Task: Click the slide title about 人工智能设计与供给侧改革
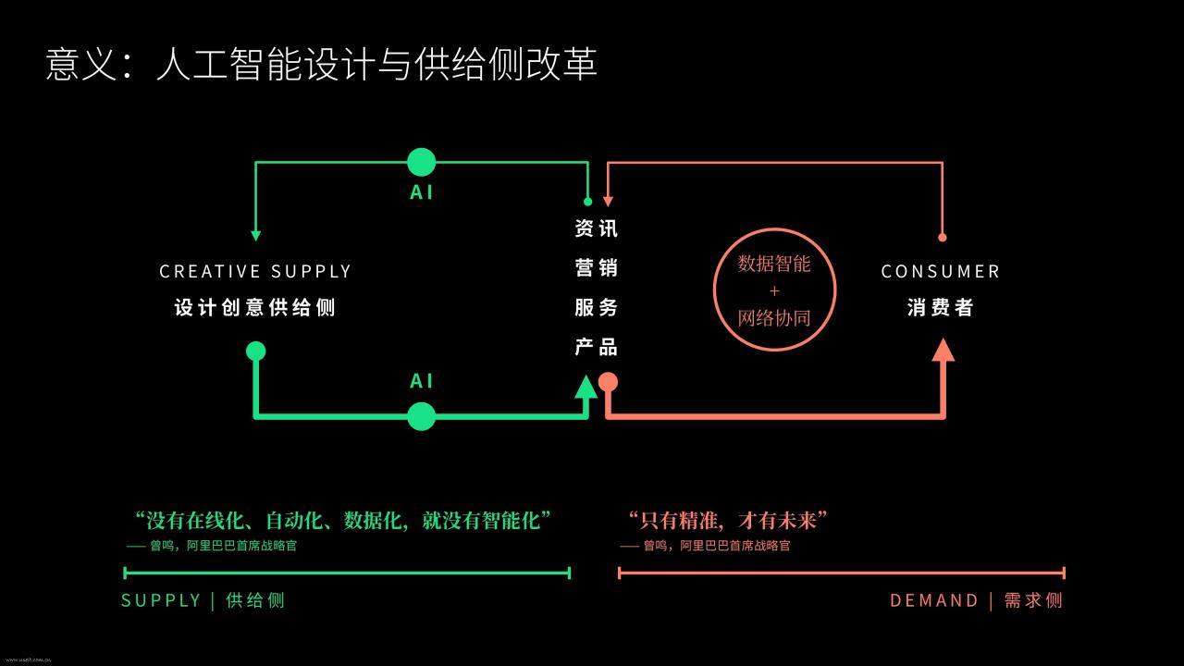(321, 65)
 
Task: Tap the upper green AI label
(421, 192)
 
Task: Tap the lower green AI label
(421, 381)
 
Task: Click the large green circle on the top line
(421, 162)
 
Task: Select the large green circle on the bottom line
(421, 416)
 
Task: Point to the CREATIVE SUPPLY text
(255, 272)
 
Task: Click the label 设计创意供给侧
(254, 308)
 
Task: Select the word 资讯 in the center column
(597, 228)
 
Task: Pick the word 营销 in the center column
(597, 268)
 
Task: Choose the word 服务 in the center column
(597, 308)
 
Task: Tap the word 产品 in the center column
(597, 347)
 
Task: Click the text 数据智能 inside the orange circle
(774, 264)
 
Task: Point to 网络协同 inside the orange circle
(774, 318)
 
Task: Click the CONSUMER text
(941, 272)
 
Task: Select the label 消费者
(941, 308)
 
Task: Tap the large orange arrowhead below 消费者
(943, 351)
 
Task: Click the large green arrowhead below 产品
(586, 387)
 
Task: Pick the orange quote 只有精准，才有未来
(728, 521)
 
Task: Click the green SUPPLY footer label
(203, 601)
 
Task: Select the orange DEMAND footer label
(976, 601)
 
